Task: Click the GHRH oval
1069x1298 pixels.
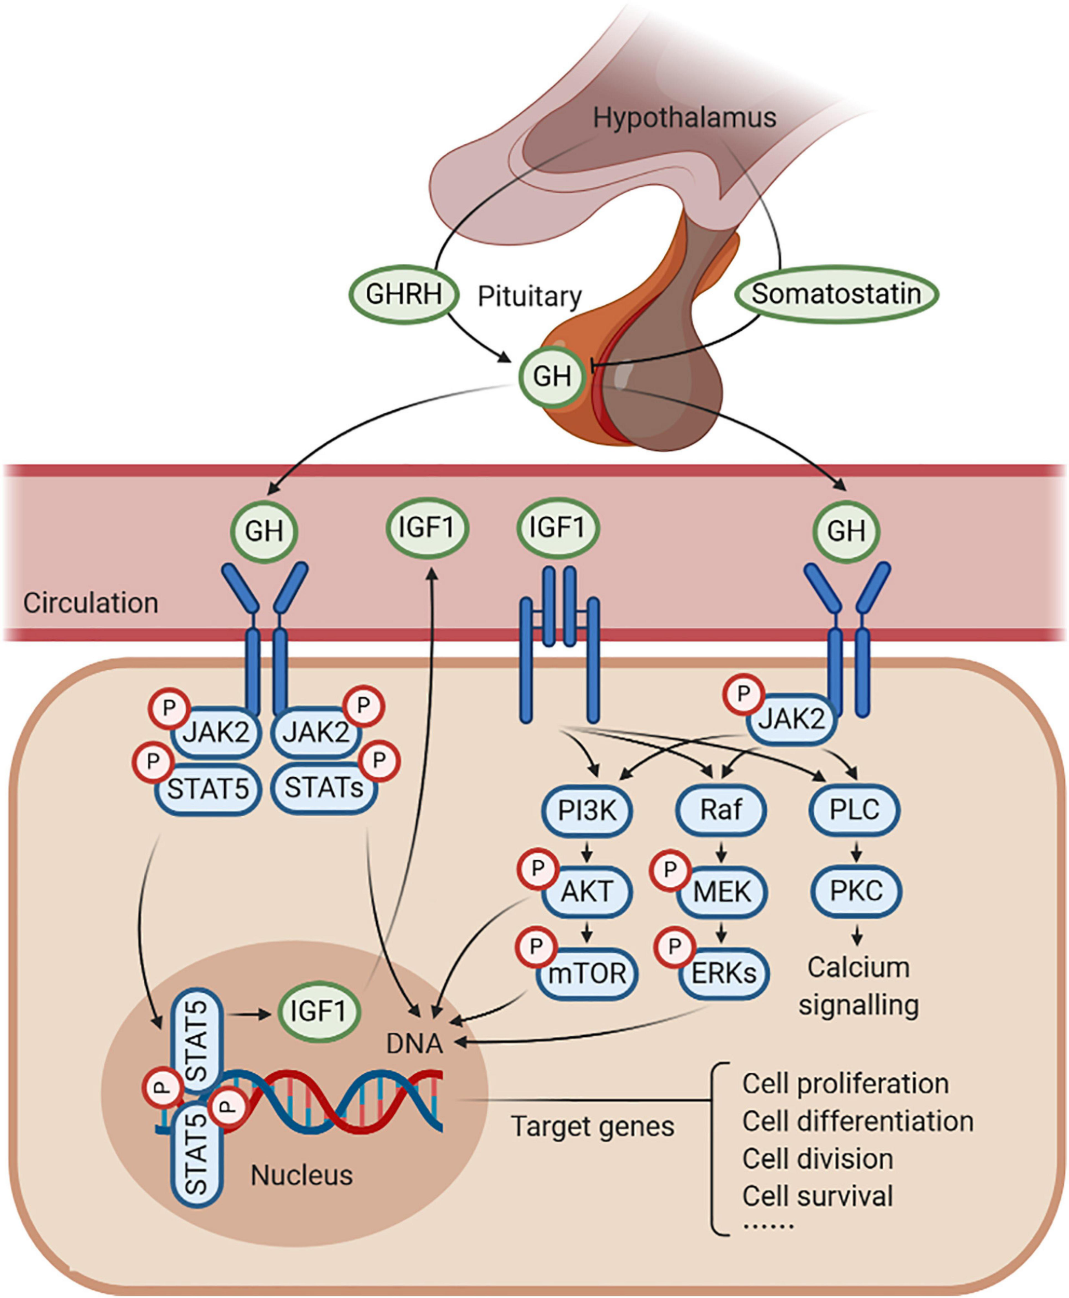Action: click(404, 294)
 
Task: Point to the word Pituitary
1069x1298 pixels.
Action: click(530, 296)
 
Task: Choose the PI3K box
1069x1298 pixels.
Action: click(587, 810)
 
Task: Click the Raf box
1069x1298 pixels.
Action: click(721, 810)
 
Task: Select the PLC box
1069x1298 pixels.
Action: click(854, 810)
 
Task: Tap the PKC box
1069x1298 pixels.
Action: click(856, 891)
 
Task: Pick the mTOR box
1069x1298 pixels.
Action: click(587, 973)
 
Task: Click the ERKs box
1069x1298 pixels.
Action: click(723, 973)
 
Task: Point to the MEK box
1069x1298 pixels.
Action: click(722, 891)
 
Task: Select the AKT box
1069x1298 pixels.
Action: click(587, 891)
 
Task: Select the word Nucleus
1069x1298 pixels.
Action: click(301, 1175)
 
